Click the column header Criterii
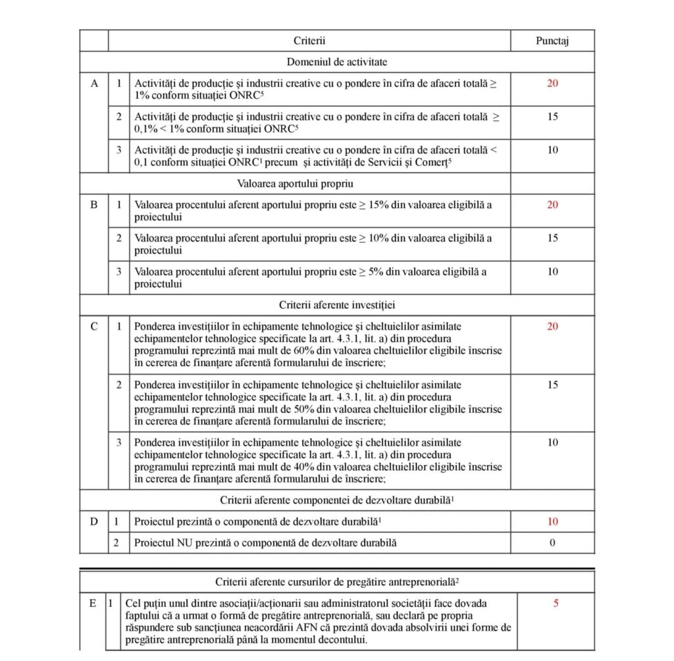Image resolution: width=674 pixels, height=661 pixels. (309, 41)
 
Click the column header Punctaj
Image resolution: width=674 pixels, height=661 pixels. (552, 41)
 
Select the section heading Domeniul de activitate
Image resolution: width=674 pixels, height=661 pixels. (337, 62)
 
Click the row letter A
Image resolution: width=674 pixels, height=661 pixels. (93, 84)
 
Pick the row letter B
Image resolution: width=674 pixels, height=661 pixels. (93, 205)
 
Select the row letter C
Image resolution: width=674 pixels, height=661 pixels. (93, 327)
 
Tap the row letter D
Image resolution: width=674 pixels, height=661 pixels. (93, 522)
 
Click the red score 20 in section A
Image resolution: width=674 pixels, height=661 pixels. (552, 84)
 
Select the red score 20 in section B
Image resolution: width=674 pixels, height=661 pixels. (552, 205)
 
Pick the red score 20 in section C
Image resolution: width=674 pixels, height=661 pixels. (552, 327)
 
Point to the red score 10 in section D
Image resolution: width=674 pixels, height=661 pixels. (552, 522)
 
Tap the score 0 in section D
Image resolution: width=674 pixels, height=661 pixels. (552, 543)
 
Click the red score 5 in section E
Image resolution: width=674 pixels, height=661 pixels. (556, 603)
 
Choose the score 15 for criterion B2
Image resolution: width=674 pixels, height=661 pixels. (552, 238)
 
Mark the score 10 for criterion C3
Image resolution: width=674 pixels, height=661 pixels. (552, 442)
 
